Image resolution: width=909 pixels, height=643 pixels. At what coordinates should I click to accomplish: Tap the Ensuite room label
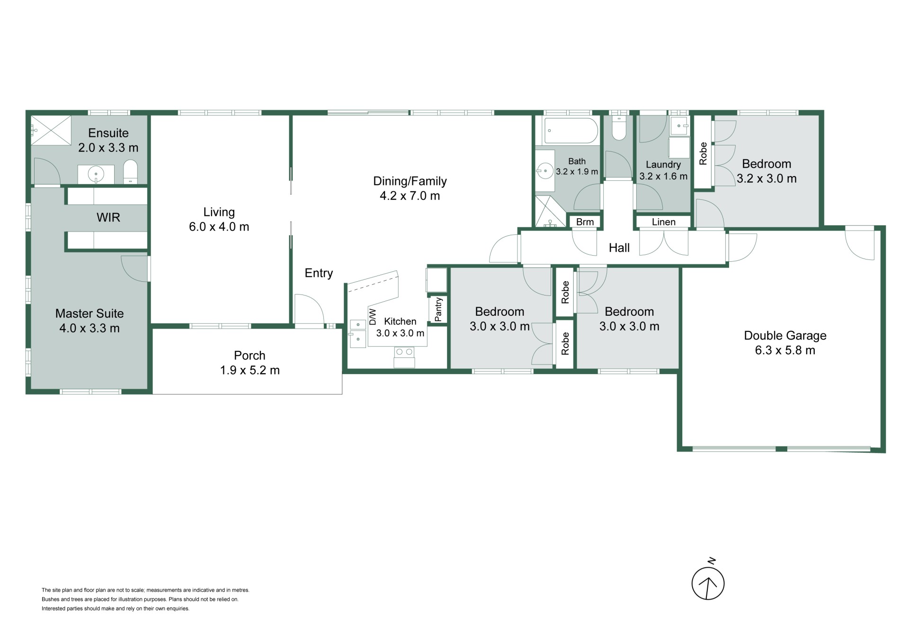click(108, 133)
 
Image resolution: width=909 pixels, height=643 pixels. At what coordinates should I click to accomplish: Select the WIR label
click(108, 217)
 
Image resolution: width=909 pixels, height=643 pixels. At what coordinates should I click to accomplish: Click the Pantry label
click(438, 309)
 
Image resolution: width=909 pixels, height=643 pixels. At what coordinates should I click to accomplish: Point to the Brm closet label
click(585, 222)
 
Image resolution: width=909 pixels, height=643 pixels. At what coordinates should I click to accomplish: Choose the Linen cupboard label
click(664, 222)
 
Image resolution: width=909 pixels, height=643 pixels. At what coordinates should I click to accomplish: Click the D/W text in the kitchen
click(373, 316)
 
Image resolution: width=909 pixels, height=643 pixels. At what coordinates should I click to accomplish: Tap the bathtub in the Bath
click(571, 130)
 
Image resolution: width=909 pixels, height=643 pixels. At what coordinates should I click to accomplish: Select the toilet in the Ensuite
click(130, 171)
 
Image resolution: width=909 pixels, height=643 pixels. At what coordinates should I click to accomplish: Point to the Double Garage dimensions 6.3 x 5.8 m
click(785, 350)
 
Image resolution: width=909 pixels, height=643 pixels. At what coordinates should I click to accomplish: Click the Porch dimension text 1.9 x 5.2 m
click(250, 370)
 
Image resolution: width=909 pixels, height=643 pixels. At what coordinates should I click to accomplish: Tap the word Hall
click(619, 248)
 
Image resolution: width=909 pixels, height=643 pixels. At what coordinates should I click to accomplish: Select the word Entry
click(319, 273)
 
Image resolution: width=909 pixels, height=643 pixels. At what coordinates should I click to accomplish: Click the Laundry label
click(663, 165)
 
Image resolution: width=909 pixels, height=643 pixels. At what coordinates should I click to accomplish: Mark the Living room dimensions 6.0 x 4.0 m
click(219, 227)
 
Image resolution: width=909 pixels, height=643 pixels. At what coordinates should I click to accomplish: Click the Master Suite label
click(89, 313)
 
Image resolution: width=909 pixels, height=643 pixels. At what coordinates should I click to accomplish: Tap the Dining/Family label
click(410, 181)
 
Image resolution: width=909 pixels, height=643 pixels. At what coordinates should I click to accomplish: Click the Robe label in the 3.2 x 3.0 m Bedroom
click(703, 153)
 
